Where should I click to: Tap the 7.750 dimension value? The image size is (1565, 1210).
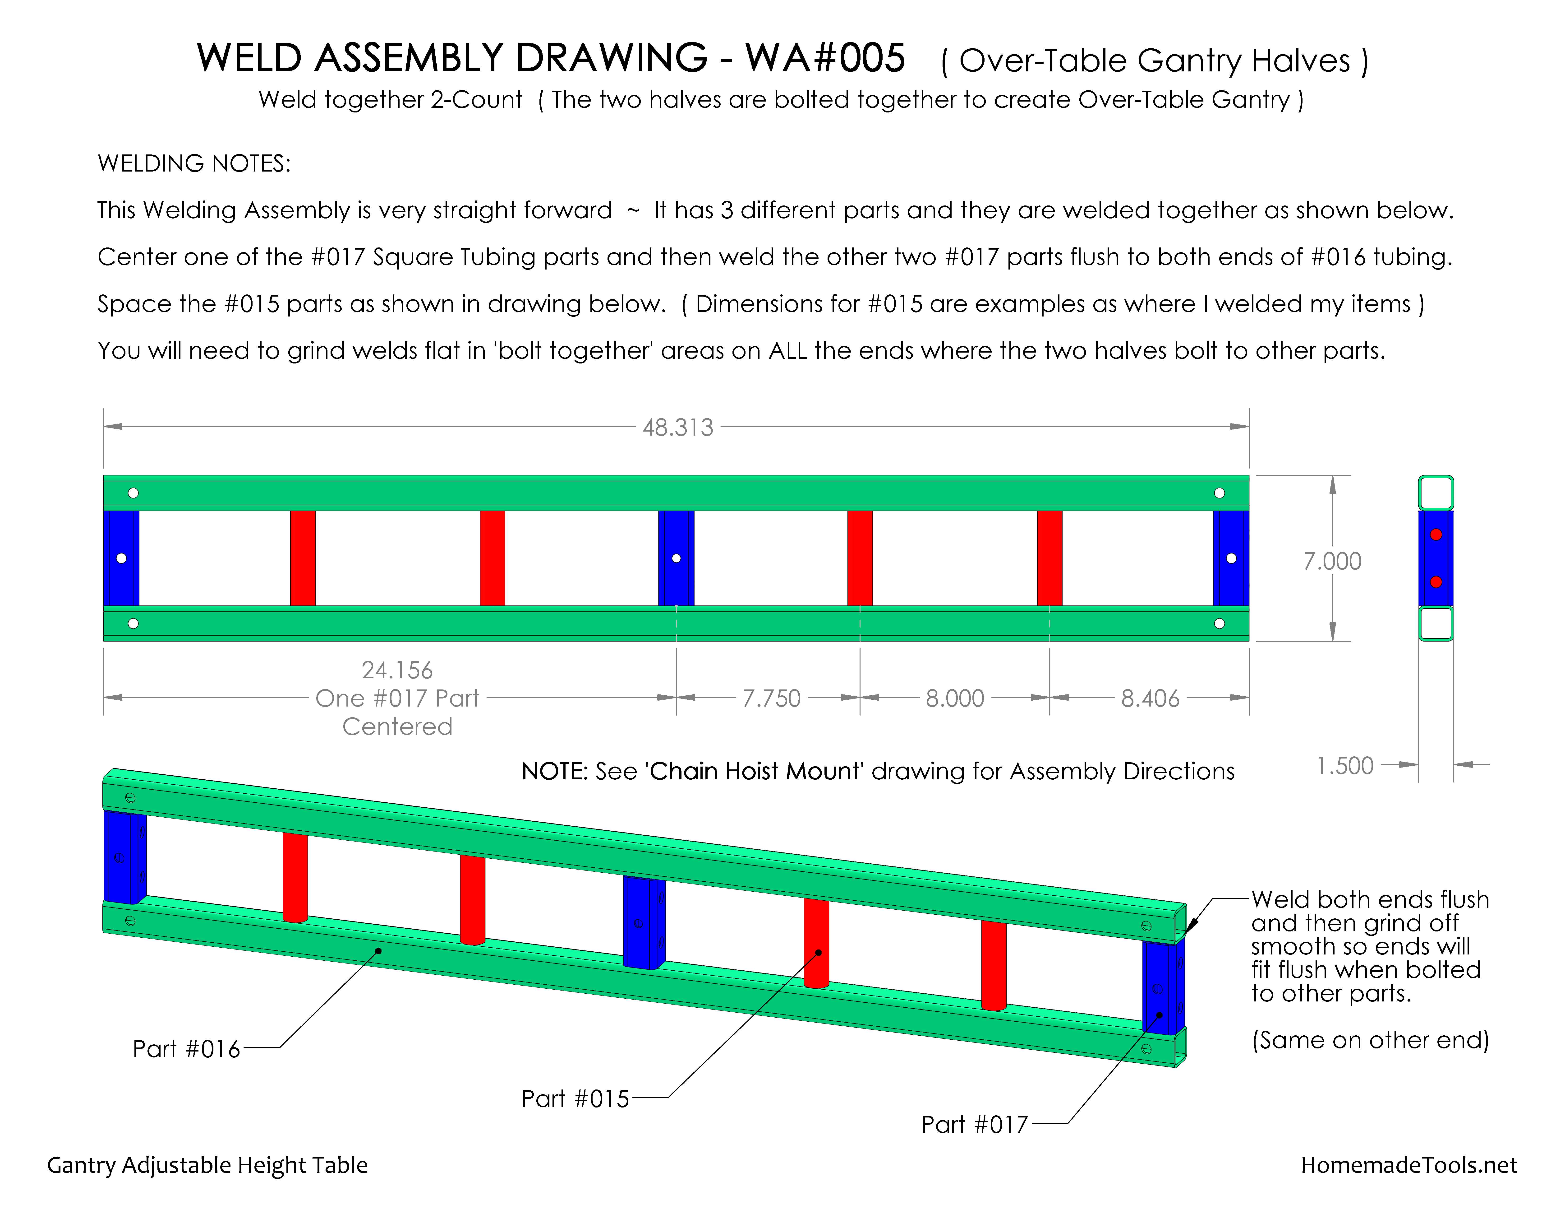click(771, 698)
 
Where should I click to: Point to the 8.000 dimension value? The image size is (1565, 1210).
click(954, 698)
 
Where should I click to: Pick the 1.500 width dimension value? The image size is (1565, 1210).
click(1345, 766)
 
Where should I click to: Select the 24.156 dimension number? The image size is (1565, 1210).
click(397, 670)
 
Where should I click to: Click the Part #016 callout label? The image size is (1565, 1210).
click(186, 1049)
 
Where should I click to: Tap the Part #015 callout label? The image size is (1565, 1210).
click(575, 1099)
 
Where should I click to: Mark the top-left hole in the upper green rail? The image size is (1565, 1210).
click(133, 493)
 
